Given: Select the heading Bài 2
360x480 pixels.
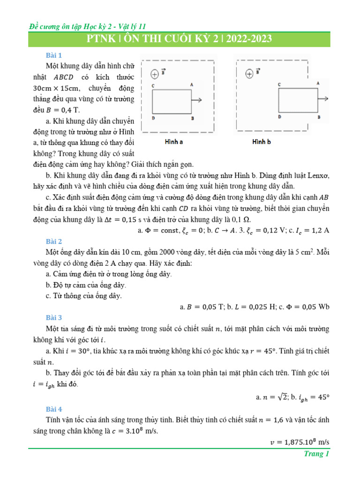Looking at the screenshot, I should pos(54,241).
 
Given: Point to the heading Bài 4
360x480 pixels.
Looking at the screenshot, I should pos(54,409).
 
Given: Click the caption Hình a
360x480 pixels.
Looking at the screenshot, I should pos(173,142).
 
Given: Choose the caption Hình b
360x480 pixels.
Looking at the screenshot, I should pos(262,142).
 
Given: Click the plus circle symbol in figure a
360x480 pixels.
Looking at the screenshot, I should pos(155,74).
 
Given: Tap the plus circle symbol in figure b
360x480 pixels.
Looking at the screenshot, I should pos(249,73).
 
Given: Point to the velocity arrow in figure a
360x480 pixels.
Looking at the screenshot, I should pos(197,100).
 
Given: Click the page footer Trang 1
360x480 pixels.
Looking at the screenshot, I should pos(317,454).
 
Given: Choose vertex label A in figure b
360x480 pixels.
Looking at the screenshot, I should pos(318,83).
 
